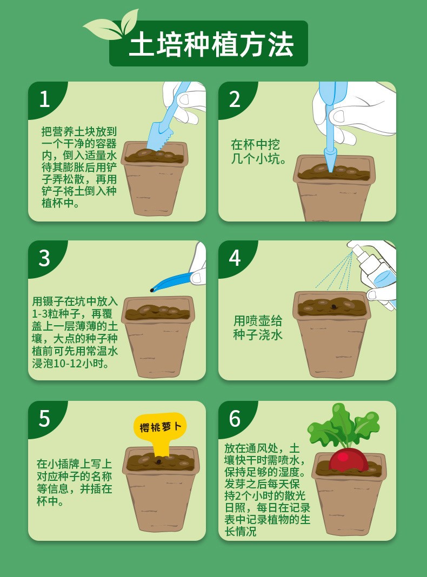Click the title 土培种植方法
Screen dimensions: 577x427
coord(211,45)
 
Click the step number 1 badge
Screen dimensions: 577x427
coord(44,99)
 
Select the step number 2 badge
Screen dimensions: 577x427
coord(235,99)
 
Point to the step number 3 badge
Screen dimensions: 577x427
coord(44,258)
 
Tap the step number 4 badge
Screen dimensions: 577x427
coord(235,258)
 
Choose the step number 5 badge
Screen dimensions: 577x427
coord(44,418)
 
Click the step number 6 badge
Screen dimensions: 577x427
coord(235,418)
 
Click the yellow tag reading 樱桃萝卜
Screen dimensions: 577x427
coord(159,427)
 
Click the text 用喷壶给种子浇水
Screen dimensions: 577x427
coord(258,327)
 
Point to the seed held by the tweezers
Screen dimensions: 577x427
coord(152,290)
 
